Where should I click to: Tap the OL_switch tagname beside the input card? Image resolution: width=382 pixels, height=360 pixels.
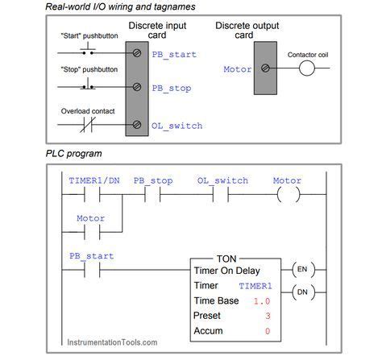(176, 126)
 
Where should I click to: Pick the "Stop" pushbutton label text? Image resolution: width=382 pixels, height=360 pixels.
(88, 70)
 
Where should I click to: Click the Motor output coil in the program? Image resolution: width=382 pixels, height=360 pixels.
(288, 196)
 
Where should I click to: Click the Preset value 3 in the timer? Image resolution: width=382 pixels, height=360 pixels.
(267, 315)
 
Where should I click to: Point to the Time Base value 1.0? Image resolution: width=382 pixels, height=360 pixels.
(261, 300)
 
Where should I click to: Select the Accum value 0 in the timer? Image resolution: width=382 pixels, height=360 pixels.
(267, 330)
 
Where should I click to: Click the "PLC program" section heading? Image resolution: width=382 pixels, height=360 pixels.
(73, 153)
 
